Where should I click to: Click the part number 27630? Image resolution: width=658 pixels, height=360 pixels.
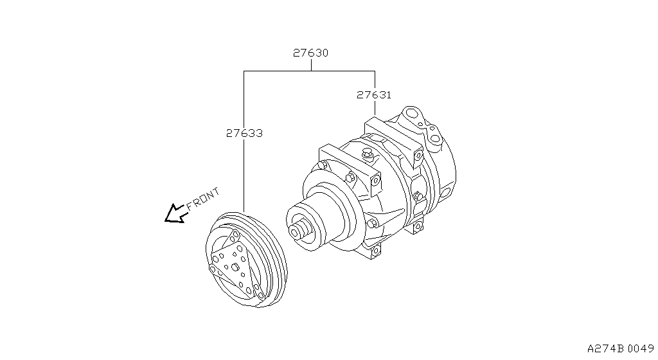click(311, 53)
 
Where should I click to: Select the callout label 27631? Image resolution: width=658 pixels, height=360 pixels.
click(374, 94)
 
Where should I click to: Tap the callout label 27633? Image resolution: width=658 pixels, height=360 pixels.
click(244, 134)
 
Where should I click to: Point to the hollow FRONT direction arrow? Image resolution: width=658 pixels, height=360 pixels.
click(174, 213)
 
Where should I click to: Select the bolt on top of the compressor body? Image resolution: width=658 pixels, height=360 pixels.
click(368, 155)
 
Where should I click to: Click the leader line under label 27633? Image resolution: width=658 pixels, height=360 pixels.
click(244, 174)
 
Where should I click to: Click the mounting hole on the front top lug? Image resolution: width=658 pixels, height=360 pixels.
click(321, 165)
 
